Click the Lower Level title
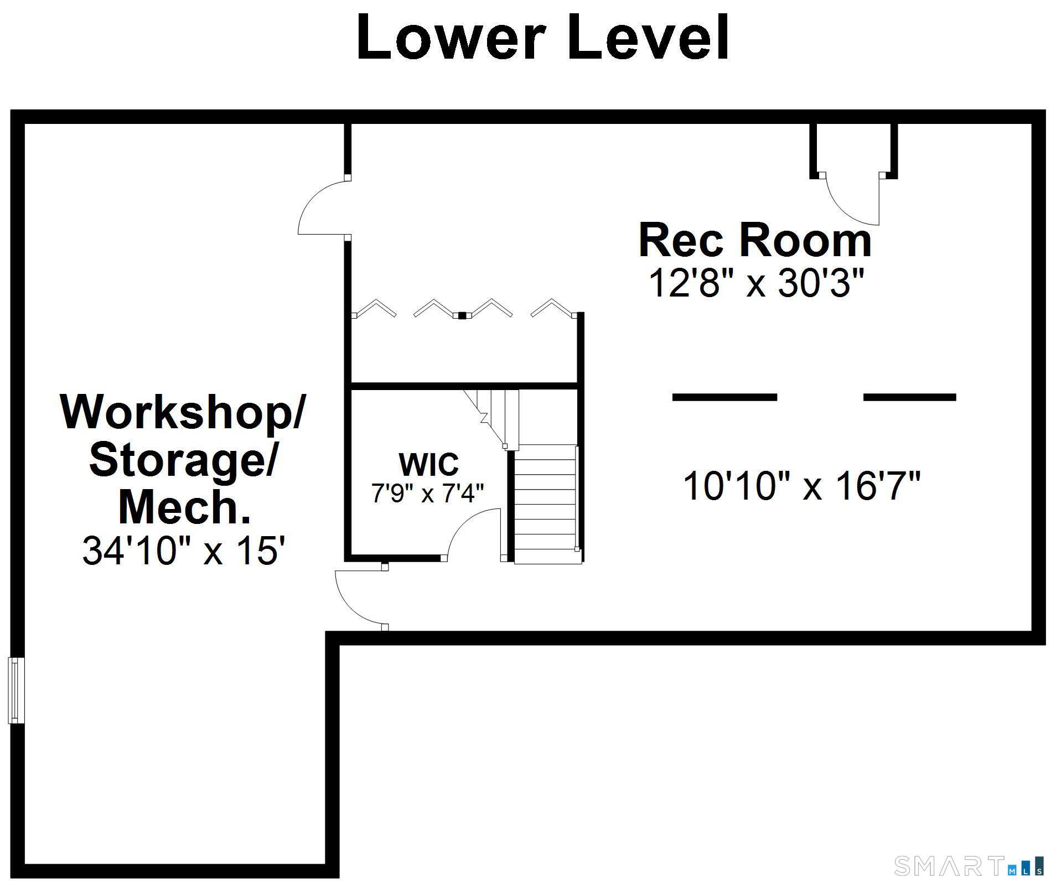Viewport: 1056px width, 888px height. pos(543,37)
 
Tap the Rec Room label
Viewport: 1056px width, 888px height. pos(755,240)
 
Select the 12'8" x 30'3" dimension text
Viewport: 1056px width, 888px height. pos(756,283)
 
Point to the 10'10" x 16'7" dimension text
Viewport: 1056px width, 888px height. pos(802,485)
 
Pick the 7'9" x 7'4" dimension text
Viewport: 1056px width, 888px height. pos(427,493)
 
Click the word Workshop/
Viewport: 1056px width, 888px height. pos(183,412)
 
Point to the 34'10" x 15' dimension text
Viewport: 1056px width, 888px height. pos(183,551)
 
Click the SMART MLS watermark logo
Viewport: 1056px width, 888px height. pos(969,866)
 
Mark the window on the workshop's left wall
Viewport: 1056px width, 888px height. pos(16,690)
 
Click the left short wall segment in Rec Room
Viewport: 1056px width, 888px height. pos(724,397)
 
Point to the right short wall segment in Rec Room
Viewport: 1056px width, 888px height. pos(910,397)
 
